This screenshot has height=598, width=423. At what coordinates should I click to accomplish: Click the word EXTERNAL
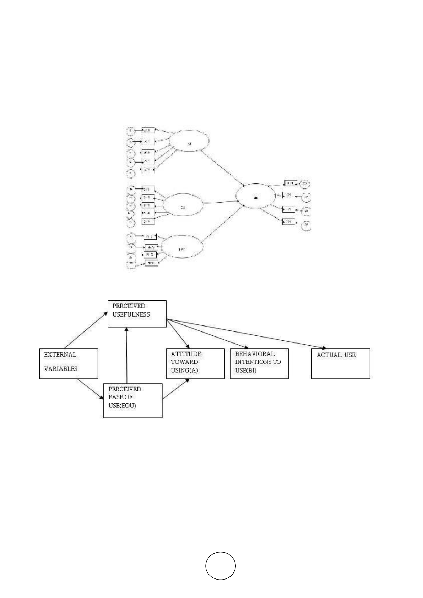(x=60, y=355)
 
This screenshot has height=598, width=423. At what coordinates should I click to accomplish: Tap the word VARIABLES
(x=60, y=369)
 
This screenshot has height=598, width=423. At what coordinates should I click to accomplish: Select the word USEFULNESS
(x=131, y=314)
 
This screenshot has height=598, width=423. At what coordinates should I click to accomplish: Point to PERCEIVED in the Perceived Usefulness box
(x=129, y=306)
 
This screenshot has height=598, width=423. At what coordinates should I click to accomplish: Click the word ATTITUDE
(x=186, y=354)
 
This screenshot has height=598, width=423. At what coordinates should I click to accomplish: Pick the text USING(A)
(x=184, y=371)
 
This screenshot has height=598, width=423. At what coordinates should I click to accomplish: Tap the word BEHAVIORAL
(x=255, y=354)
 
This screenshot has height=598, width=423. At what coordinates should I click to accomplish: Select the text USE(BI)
(x=245, y=371)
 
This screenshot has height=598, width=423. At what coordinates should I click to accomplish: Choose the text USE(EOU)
(x=122, y=406)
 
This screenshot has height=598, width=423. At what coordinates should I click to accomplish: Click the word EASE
(x=115, y=397)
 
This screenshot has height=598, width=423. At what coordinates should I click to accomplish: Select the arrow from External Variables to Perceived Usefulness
(x=86, y=330)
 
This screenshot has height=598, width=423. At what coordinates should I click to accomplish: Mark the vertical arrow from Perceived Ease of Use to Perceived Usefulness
(x=126, y=355)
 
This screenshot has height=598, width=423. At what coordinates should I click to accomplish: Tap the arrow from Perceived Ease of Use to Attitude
(x=175, y=389)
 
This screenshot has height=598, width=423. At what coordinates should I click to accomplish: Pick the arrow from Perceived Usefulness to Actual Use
(x=246, y=334)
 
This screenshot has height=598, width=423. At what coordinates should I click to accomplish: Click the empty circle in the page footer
(x=220, y=566)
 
